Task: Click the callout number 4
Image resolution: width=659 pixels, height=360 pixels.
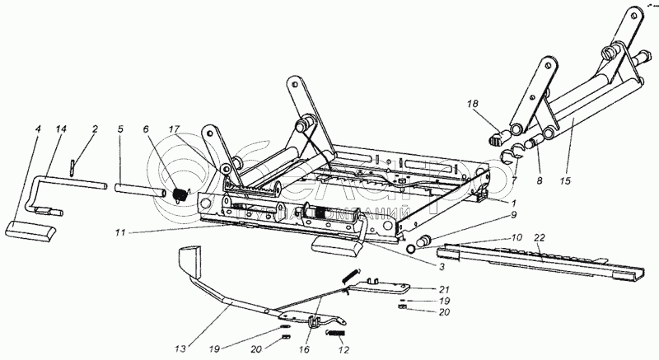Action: coord(38,129)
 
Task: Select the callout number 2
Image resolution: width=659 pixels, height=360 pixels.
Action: coord(95,129)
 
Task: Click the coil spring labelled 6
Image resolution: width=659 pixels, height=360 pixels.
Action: coord(180,194)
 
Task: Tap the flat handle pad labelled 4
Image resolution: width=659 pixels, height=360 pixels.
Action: coord(31,228)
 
